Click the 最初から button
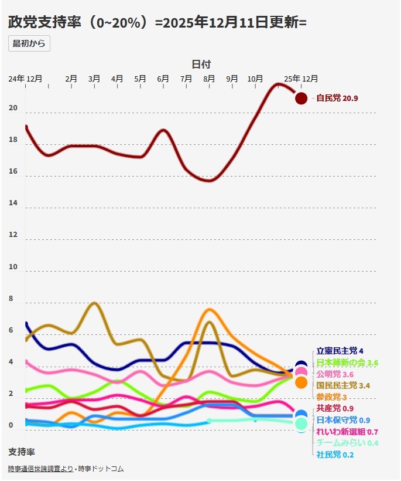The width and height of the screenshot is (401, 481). point(29,44)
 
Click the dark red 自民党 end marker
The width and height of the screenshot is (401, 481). point(301,99)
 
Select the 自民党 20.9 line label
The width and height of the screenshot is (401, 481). point(337,99)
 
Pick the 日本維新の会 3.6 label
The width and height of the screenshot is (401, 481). point(347,363)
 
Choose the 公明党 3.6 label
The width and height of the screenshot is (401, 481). point(335,374)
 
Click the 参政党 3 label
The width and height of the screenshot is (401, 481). point(331,397)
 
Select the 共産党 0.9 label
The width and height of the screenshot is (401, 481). point(335,408)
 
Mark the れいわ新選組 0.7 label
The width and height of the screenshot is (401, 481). point(347,432)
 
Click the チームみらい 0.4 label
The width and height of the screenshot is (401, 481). point(347,443)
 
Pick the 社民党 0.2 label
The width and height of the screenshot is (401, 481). point(335,455)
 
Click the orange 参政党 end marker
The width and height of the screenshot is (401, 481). point(301,382)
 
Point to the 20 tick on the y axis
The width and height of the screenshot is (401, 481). point(13,109)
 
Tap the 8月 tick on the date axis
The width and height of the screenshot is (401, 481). point(209,79)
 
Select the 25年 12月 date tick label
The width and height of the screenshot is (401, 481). point(301,79)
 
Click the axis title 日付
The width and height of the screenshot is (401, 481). point(201,64)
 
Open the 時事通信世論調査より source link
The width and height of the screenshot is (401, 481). point(41,469)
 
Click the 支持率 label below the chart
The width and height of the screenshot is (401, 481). point(22,452)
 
